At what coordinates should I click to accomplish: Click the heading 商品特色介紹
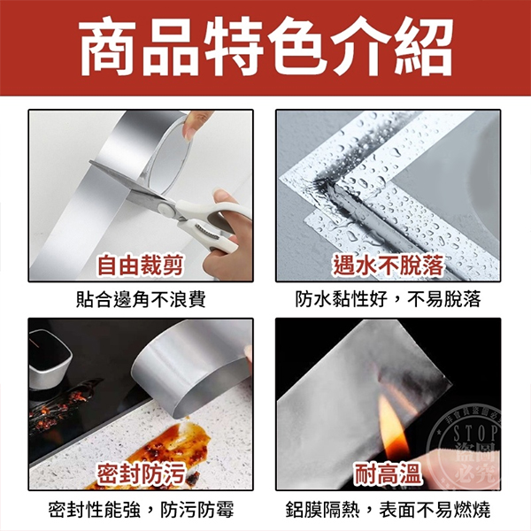pos(265,48)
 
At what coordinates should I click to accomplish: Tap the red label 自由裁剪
pos(140,265)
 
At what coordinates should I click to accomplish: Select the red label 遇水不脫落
pos(389,265)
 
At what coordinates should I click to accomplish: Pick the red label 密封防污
pos(140,473)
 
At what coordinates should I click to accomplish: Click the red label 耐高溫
pos(388,473)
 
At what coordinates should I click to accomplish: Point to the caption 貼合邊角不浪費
pos(141,300)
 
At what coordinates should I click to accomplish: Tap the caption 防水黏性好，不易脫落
pos(389,300)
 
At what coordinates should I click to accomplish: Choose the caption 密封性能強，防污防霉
pos(141,510)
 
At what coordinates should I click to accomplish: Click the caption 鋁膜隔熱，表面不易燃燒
pos(389,510)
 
